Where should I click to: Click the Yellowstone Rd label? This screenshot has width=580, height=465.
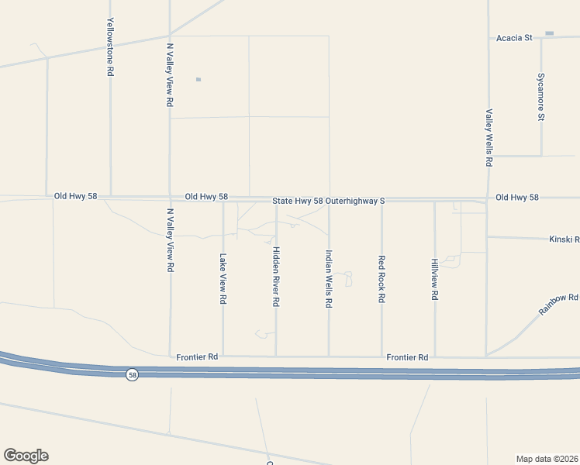tap(111, 46)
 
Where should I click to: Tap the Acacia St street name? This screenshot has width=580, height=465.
tap(516, 37)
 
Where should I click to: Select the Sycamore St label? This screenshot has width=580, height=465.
tap(541, 97)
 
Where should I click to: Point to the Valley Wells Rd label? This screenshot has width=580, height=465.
tap(489, 138)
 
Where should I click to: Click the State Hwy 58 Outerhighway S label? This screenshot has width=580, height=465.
tap(329, 201)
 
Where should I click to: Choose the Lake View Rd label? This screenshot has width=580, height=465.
tap(223, 278)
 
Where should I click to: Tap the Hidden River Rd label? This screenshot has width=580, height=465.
tap(276, 277)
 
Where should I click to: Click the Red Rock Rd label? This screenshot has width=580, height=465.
tap(381, 279)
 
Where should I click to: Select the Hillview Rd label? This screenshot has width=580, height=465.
tap(435, 279)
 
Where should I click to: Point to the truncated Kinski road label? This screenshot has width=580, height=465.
tap(564, 240)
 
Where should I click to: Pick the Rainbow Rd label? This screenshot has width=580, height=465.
tap(559, 304)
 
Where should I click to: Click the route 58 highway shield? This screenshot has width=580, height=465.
tap(133, 374)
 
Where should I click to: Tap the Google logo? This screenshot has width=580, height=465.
tap(26, 456)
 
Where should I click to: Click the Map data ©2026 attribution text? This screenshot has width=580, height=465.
tap(547, 458)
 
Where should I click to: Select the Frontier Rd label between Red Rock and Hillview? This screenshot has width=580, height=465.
tap(407, 357)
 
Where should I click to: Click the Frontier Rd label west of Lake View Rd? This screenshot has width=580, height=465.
tap(197, 357)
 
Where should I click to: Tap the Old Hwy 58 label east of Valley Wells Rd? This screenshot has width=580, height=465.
tap(516, 198)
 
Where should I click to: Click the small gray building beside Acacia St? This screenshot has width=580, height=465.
tap(550, 33)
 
